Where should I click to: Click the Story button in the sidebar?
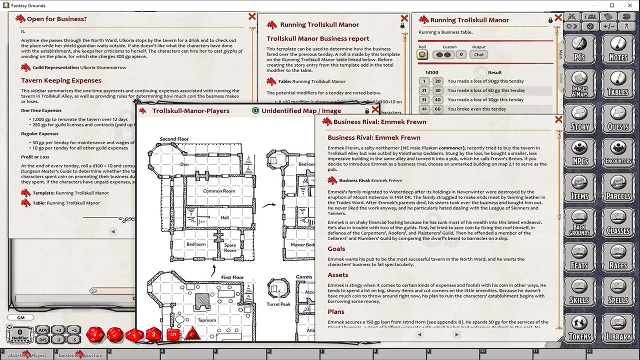579,120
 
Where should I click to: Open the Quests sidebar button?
618,120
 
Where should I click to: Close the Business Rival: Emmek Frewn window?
558,119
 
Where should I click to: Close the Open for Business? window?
252,17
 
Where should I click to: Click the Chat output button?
479,54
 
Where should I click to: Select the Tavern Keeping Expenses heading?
61,80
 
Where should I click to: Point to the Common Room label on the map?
219,191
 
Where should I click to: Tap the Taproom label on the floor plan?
206,320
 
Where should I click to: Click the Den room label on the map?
184,164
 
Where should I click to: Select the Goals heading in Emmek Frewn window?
336,248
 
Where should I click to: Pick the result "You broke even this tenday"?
476,109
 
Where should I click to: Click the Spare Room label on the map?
230,248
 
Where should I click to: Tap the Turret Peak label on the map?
278,304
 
